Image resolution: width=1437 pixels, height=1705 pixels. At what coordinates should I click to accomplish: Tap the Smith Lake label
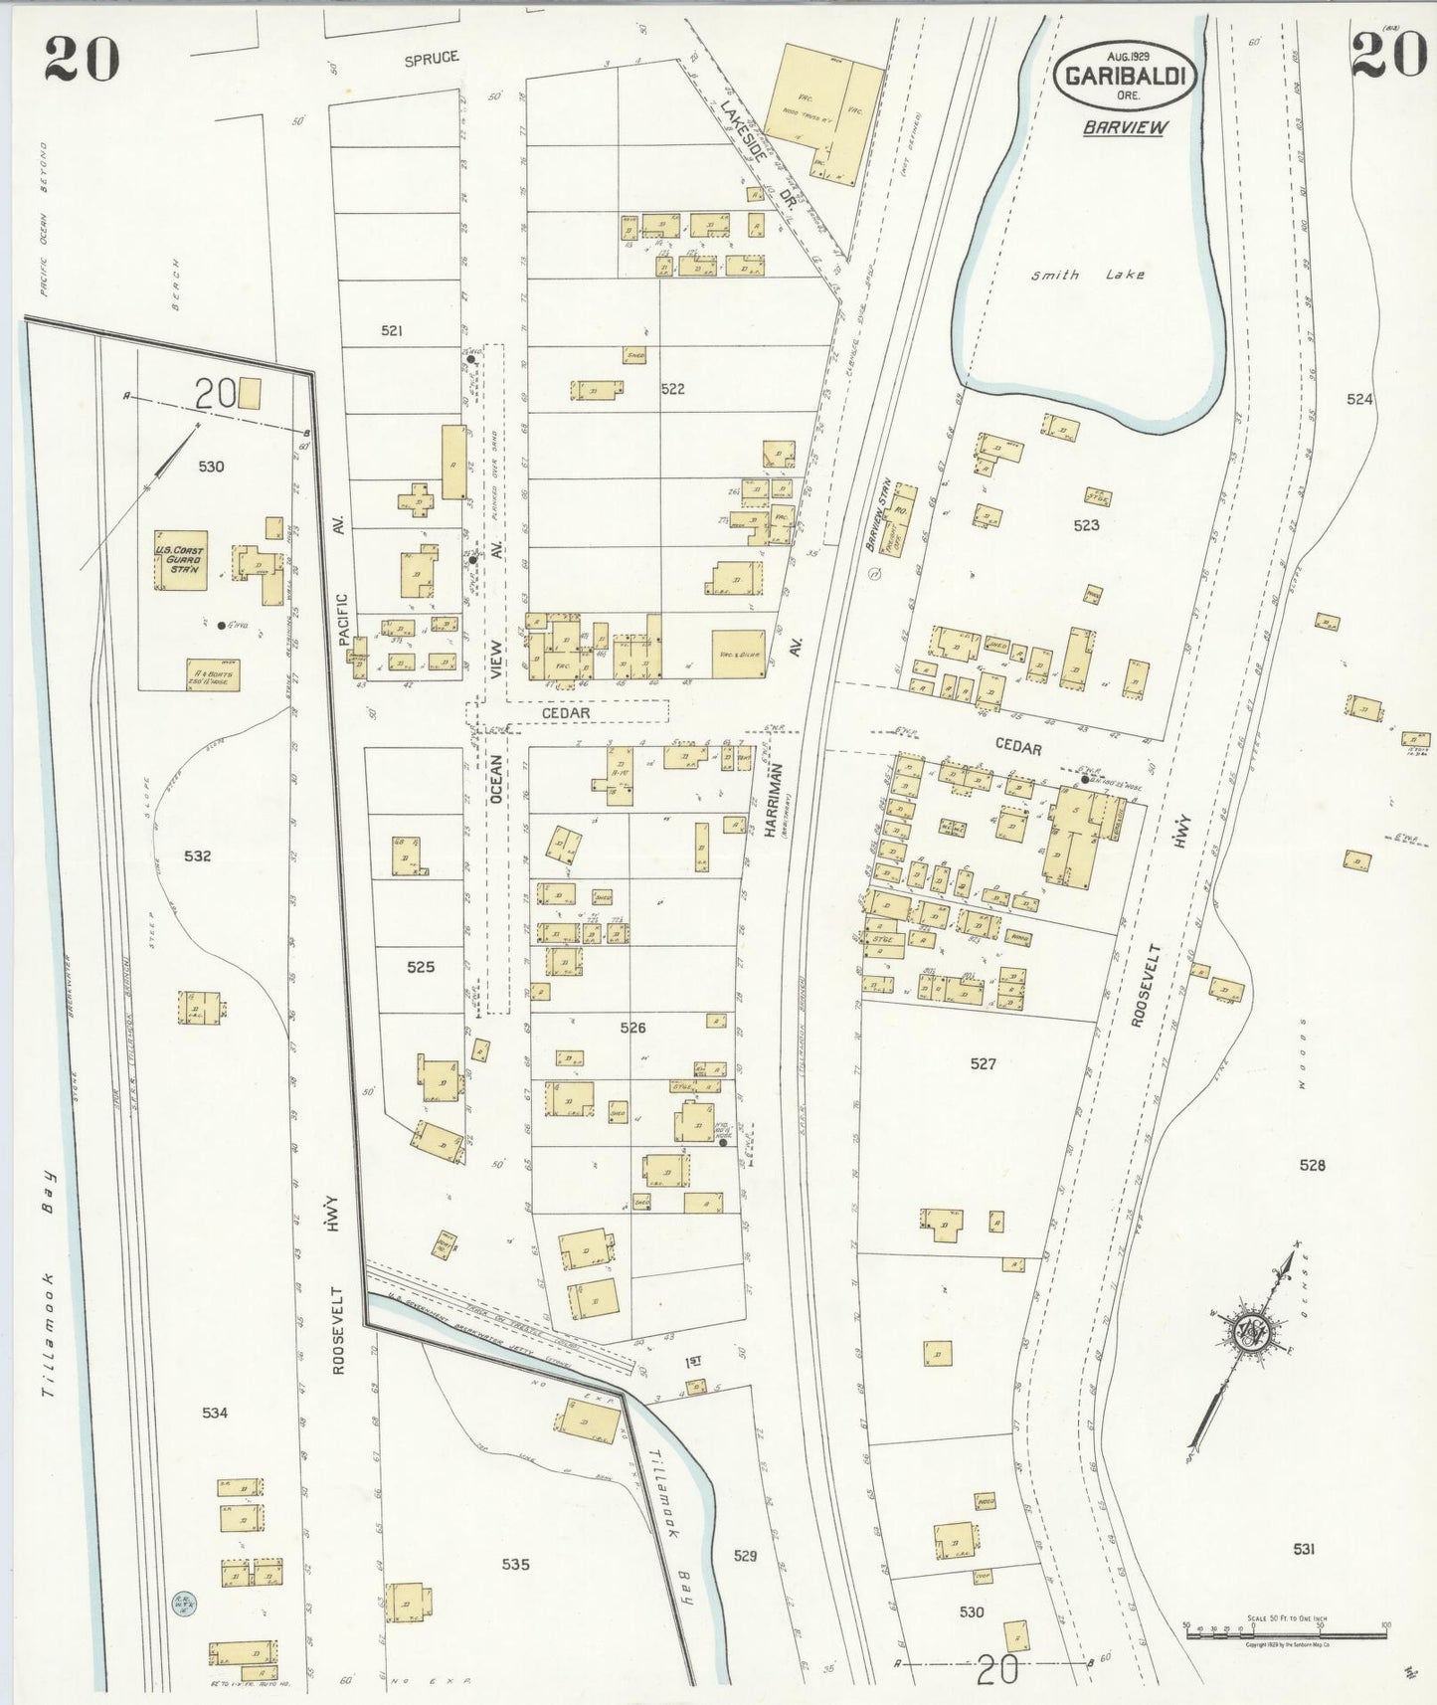coord(1087,275)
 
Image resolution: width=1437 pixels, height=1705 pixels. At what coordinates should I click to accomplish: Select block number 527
coord(983,1063)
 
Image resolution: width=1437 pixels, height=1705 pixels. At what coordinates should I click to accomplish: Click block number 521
coord(392,330)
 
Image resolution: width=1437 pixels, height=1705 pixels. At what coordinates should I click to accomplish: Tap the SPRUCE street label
coord(432,59)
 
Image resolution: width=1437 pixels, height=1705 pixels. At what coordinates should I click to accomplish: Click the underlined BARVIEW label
coord(1125,127)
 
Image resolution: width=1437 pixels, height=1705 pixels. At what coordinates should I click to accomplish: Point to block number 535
coord(515,1564)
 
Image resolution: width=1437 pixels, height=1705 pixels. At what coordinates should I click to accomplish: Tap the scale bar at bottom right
coord(1286,1627)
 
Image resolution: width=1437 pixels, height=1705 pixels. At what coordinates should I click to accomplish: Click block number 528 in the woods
coord(1312,1164)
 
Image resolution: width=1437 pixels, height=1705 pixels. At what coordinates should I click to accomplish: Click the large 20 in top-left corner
coord(82,59)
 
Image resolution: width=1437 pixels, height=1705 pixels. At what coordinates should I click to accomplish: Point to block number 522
coord(672,389)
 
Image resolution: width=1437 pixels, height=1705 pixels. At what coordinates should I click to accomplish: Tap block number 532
coord(198,855)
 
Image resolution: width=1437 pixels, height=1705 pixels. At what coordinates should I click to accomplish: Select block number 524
coord(1359,399)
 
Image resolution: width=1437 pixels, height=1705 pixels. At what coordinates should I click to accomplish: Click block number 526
coord(632,1028)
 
